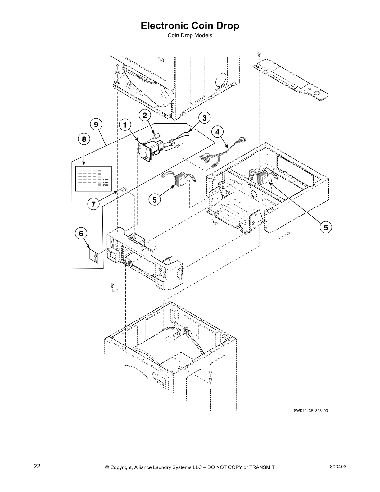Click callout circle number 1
tap(124, 125)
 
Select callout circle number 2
tap(145, 115)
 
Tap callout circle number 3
tap(204, 118)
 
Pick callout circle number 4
tap(217, 132)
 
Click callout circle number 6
tap(81, 233)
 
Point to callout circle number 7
tap(93, 204)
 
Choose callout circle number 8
tap(84, 139)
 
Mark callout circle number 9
tap(96, 125)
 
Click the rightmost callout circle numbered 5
tap(326, 227)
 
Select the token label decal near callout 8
tap(93, 179)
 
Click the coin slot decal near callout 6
tap(94, 256)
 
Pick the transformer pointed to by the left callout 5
tap(179, 180)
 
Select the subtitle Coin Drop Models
tap(190, 35)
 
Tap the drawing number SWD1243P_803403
tap(311, 411)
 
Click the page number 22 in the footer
tap(37, 467)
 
